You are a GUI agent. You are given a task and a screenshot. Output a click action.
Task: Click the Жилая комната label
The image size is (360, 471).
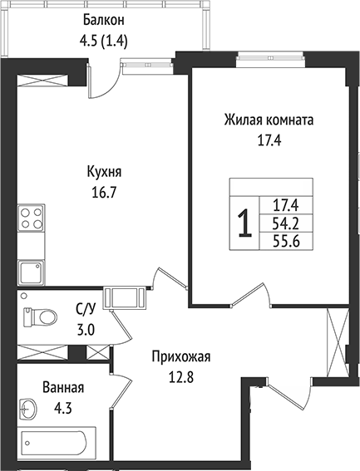(269, 120)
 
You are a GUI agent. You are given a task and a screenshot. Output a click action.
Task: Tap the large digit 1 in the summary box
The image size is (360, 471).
(244, 223)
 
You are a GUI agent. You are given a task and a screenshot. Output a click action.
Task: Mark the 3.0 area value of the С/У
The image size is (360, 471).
(86, 328)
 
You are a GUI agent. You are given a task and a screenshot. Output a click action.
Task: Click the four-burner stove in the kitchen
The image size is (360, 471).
(32, 218)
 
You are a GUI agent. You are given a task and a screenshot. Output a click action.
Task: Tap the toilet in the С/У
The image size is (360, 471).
(41, 316)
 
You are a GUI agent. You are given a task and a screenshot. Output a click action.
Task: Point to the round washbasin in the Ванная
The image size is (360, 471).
(29, 408)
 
